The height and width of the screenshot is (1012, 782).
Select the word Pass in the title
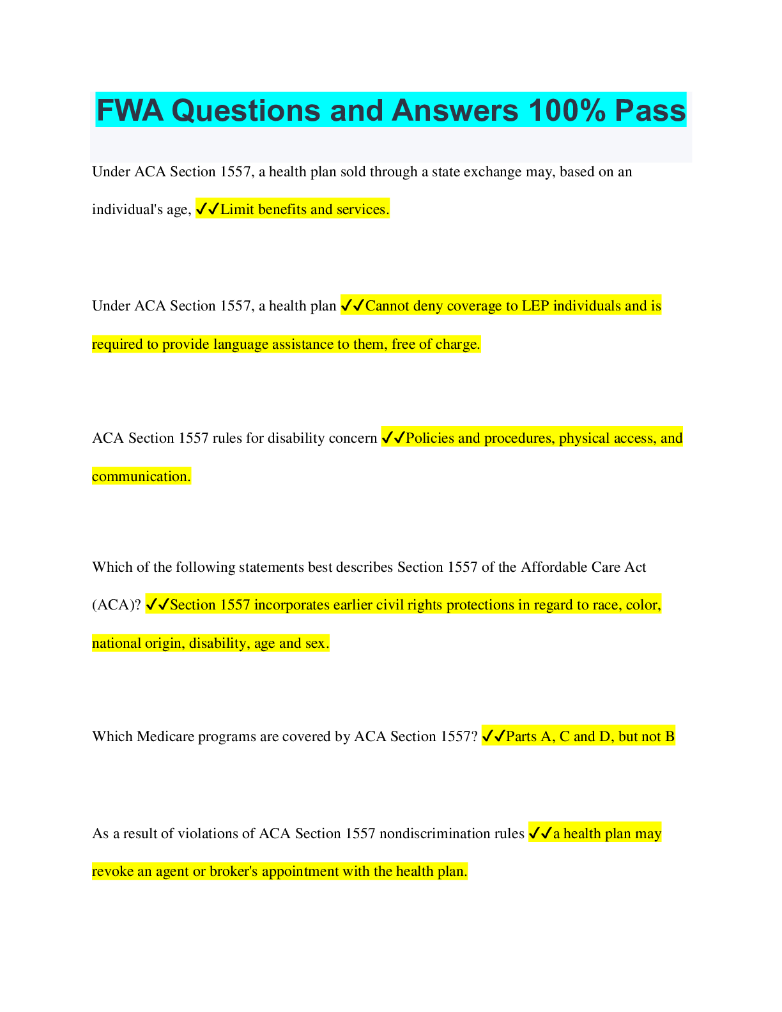650,111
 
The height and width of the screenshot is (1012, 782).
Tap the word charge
458,344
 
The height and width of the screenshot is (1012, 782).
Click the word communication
141,477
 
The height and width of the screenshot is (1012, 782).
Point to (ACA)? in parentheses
116,605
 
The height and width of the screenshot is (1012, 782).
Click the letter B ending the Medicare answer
670,737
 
